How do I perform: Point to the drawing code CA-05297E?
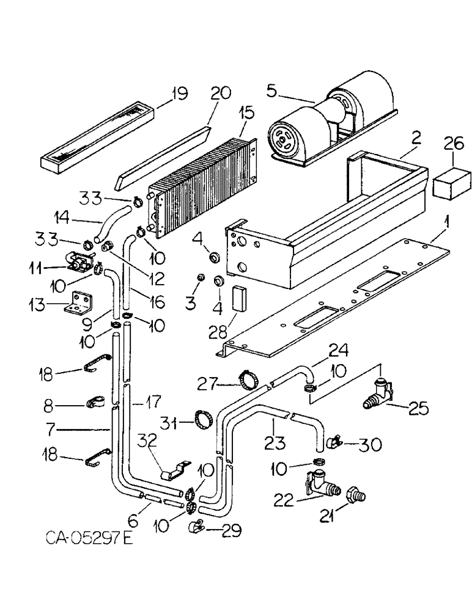tap(89, 538)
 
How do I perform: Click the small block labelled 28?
tap(238, 298)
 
